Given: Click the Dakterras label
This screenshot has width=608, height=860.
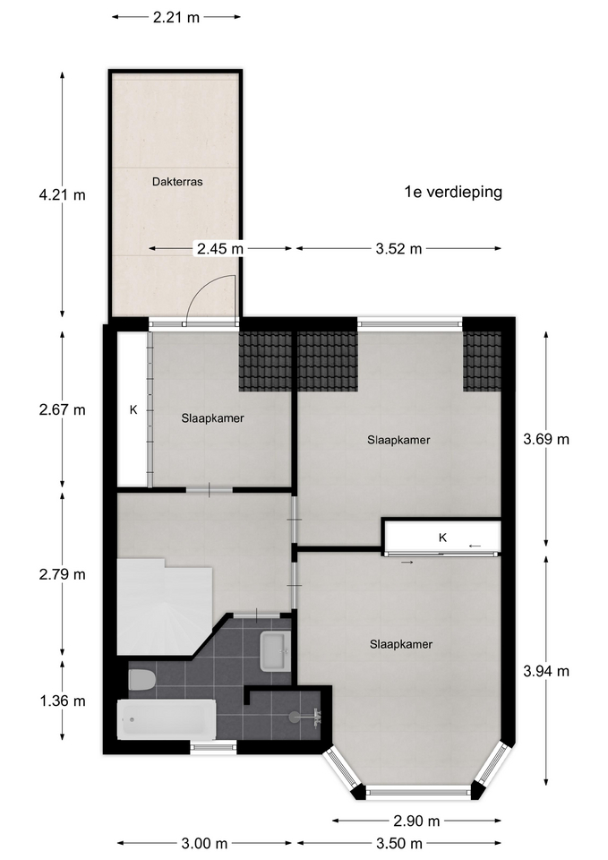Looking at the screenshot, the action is [x=177, y=182].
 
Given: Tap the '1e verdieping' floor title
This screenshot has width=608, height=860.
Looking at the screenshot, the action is [x=453, y=192].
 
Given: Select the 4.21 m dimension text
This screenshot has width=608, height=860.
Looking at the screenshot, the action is [x=63, y=194].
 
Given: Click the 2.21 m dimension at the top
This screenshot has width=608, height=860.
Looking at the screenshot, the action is [x=176, y=18].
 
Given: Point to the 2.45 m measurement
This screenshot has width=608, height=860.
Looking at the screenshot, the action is [x=220, y=249].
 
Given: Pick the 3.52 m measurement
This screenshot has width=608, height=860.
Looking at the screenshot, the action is [x=398, y=249].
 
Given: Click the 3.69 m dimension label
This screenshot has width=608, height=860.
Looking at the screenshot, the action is [x=546, y=439].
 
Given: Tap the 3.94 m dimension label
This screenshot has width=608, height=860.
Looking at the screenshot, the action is [x=546, y=671].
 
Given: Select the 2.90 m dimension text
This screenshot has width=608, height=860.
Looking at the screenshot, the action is [x=416, y=821].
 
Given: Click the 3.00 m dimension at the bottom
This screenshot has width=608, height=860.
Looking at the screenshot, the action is [x=204, y=843].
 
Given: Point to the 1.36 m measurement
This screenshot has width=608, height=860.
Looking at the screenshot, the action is [x=63, y=701].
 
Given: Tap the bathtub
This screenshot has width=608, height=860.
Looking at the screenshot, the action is [x=167, y=719].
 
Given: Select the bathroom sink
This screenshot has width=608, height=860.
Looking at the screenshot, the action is [x=275, y=651].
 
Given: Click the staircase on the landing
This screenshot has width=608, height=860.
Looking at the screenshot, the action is [x=165, y=606].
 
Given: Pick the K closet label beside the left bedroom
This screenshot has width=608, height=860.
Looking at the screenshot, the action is [x=133, y=409].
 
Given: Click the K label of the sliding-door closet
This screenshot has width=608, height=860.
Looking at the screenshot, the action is [x=443, y=537].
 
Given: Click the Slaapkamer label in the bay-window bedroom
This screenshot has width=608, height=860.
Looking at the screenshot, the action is [x=401, y=644].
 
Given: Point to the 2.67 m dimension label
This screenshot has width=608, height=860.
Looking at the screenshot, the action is [x=63, y=409].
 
